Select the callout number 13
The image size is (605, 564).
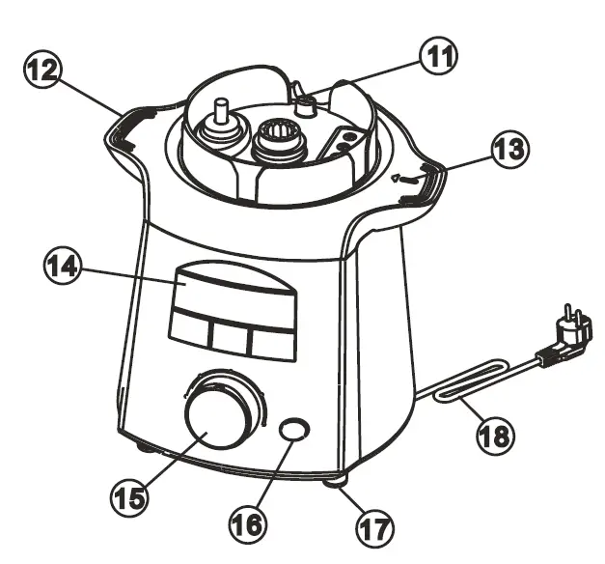coord(508,151)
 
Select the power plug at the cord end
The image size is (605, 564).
coord(572,335)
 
